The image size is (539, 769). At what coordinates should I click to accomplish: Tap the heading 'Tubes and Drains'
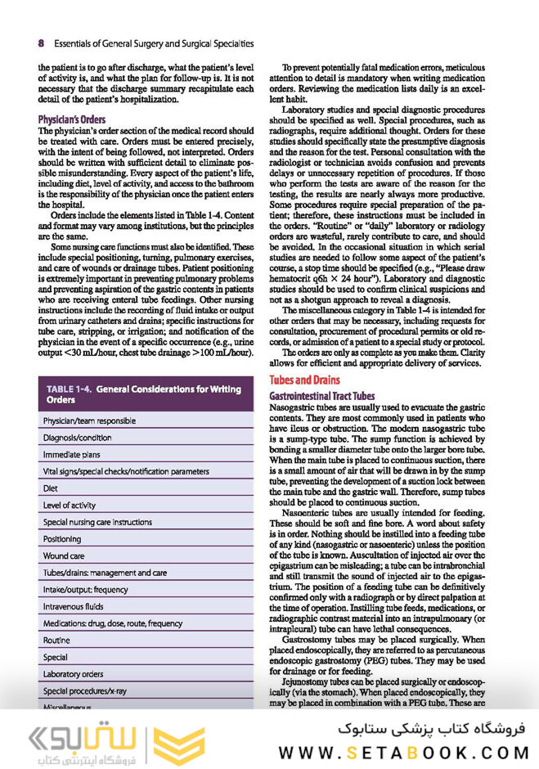[x=305, y=380]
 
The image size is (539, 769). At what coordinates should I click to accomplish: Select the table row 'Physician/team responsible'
[x=89, y=420]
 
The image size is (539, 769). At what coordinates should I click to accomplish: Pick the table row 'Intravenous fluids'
[x=75, y=606]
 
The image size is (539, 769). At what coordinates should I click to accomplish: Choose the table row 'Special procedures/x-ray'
[x=85, y=690]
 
